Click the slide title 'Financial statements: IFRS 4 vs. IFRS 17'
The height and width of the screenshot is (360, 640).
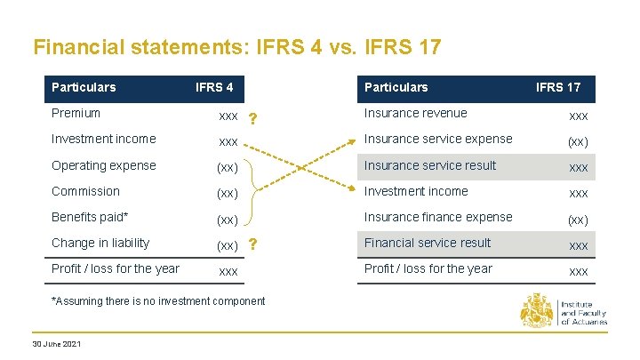click(x=236, y=47)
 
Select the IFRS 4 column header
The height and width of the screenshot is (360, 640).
click(x=214, y=87)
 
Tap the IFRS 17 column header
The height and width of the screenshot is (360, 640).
click(x=557, y=87)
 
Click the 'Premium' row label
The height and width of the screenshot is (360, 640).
click(x=76, y=113)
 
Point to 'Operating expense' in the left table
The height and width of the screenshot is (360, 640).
click(x=103, y=165)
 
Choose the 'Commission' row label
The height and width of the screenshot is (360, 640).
click(x=85, y=191)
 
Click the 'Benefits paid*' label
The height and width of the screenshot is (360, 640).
click(x=91, y=217)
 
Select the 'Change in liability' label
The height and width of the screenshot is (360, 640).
click(x=100, y=243)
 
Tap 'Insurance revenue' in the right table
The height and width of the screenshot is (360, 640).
click(x=415, y=113)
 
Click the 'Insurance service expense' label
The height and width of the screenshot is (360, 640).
click(x=437, y=139)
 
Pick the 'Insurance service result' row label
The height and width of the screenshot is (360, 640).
click(x=430, y=165)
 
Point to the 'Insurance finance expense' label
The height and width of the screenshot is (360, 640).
click(x=437, y=217)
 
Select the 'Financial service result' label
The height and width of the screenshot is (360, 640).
click(x=428, y=243)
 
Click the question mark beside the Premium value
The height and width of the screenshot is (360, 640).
click(x=253, y=119)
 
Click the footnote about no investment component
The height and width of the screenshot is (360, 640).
click(x=158, y=301)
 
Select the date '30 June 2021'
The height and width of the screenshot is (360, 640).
click(x=56, y=344)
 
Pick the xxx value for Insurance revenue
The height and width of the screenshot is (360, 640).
click(x=578, y=116)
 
